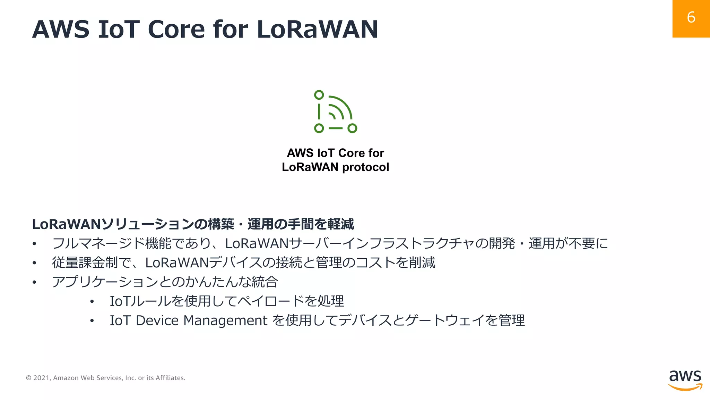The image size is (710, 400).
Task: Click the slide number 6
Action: pos(691,17)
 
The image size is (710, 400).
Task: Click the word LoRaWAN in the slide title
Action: pos(317,29)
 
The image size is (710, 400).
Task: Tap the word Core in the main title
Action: pos(176,29)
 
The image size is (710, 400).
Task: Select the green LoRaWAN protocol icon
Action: pos(335,112)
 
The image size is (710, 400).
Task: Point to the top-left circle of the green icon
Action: pos(319,95)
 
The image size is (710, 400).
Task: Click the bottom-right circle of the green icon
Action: pos(352,128)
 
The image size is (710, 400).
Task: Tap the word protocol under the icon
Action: pos(365,167)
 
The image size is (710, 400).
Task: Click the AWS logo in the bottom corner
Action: pos(685,380)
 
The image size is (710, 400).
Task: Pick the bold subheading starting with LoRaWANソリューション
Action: pos(193,224)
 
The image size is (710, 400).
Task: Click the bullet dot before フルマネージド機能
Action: pos(34,244)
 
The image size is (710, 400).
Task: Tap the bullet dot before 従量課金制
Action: pos(34,263)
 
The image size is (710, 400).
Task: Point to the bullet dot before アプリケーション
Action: pos(34,282)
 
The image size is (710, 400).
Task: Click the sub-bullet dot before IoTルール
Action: pos(92,302)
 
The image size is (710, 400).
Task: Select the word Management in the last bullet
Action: pos(225,320)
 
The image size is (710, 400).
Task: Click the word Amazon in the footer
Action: pos(66,378)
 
